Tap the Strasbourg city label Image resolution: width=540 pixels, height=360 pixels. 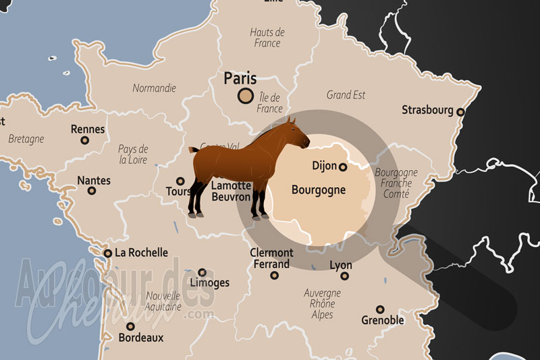427,109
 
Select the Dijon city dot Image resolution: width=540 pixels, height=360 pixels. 343,166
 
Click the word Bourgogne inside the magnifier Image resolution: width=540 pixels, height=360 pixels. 318,190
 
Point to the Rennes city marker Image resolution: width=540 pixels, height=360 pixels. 85,140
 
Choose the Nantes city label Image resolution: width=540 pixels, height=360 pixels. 94,180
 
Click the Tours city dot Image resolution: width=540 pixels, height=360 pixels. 180,181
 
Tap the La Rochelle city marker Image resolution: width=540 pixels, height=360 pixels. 107,253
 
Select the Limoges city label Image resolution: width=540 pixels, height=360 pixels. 209,283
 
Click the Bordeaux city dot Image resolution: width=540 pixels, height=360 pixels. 130,326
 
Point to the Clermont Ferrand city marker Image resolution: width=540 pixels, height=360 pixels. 274,276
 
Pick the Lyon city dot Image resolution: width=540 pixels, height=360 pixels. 345,276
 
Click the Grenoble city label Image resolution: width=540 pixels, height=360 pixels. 383,320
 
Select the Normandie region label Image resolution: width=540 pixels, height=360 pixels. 154,88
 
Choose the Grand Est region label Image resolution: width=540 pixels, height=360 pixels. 346,95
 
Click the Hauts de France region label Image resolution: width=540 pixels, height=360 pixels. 267,38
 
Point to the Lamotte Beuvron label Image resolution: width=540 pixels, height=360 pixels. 231,191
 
